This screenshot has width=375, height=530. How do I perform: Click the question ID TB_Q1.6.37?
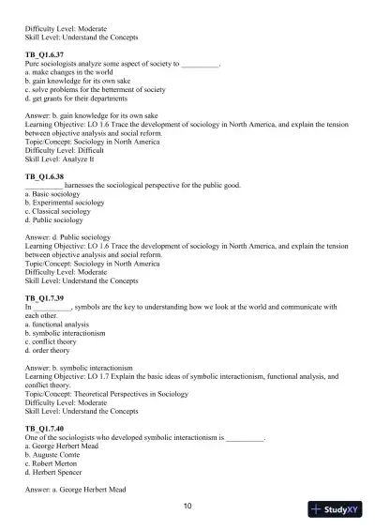click(x=44, y=56)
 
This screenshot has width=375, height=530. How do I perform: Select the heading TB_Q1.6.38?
click(x=44, y=175)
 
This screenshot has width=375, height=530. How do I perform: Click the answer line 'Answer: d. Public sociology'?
click(x=67, y=237)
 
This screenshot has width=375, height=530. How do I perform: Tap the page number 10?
click(x=187, y=506)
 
